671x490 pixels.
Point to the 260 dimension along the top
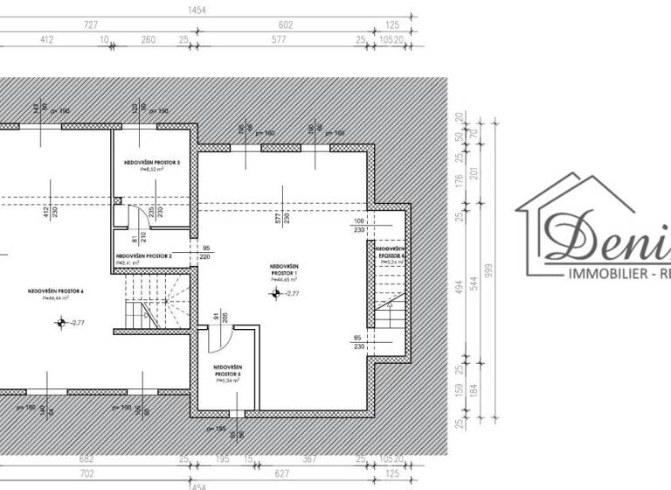[x=148, y=39]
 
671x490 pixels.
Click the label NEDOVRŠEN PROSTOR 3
[x=151, y=163]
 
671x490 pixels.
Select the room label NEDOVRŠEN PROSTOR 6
[x=55, y=290]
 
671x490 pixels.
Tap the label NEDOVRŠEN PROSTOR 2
[x=143, y=255]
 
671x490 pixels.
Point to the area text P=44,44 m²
[x=55, y=297]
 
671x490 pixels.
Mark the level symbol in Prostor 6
[x=60, y=323]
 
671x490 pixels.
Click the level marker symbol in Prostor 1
[x=277, y=294]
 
